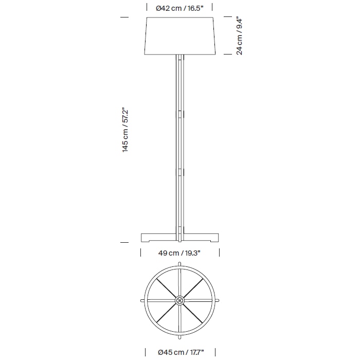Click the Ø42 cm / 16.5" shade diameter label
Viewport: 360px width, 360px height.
tap(179, 8)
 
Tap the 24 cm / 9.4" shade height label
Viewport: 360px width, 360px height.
tap(240, 35)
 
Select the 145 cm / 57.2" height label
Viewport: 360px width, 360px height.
tap(125, 130)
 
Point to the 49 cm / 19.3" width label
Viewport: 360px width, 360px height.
tap(179, 253)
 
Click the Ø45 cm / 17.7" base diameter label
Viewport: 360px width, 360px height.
tap(179, 352)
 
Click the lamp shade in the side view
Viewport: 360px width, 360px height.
tap(179, 35)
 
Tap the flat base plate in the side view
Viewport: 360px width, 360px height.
tap(179, 238)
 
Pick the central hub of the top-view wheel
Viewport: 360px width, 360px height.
tap(179, 299)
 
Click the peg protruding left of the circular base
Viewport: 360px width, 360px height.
tap(141, 299)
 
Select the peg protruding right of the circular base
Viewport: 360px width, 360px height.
tap(218, 299)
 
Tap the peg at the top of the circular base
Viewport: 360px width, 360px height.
tap(179, 265)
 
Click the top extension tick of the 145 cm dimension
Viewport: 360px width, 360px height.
tap(124, 17)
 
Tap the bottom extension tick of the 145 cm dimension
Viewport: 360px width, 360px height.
tap(124, 242)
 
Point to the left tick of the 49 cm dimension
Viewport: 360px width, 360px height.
tap(141, 253)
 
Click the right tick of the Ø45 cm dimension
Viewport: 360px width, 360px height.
tap(218, 352)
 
